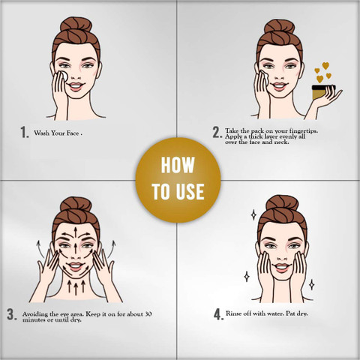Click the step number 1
click(x=23, y=132)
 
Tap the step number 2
click(x=216, y=132)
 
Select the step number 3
click(x=10, y=314)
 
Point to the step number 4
click(x=217, y=314)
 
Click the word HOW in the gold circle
click(x=178, y=165)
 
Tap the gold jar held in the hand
click(x=322, y=92)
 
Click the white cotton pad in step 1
click(x=64, y=76)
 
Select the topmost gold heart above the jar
click(x=325, y=66)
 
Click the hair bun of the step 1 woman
click(x=76, y=25)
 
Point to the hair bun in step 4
click(x=282, y=202)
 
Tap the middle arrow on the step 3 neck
click(x=76, y=288)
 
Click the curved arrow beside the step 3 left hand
click(x=40, y=249)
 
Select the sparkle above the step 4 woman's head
click(x=253, y=214)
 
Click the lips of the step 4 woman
click(x=282, y=268)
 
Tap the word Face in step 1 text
click(x=73, y=133)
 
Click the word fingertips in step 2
click(x=304, y=130)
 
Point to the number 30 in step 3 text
click(x=148, y=314)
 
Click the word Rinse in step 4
click(x=233, y=313)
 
